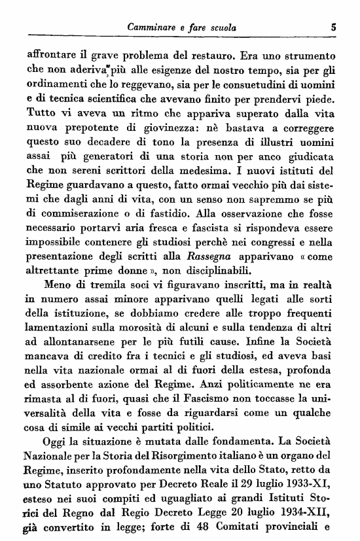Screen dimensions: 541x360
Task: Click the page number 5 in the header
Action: click(x=333, y=28)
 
